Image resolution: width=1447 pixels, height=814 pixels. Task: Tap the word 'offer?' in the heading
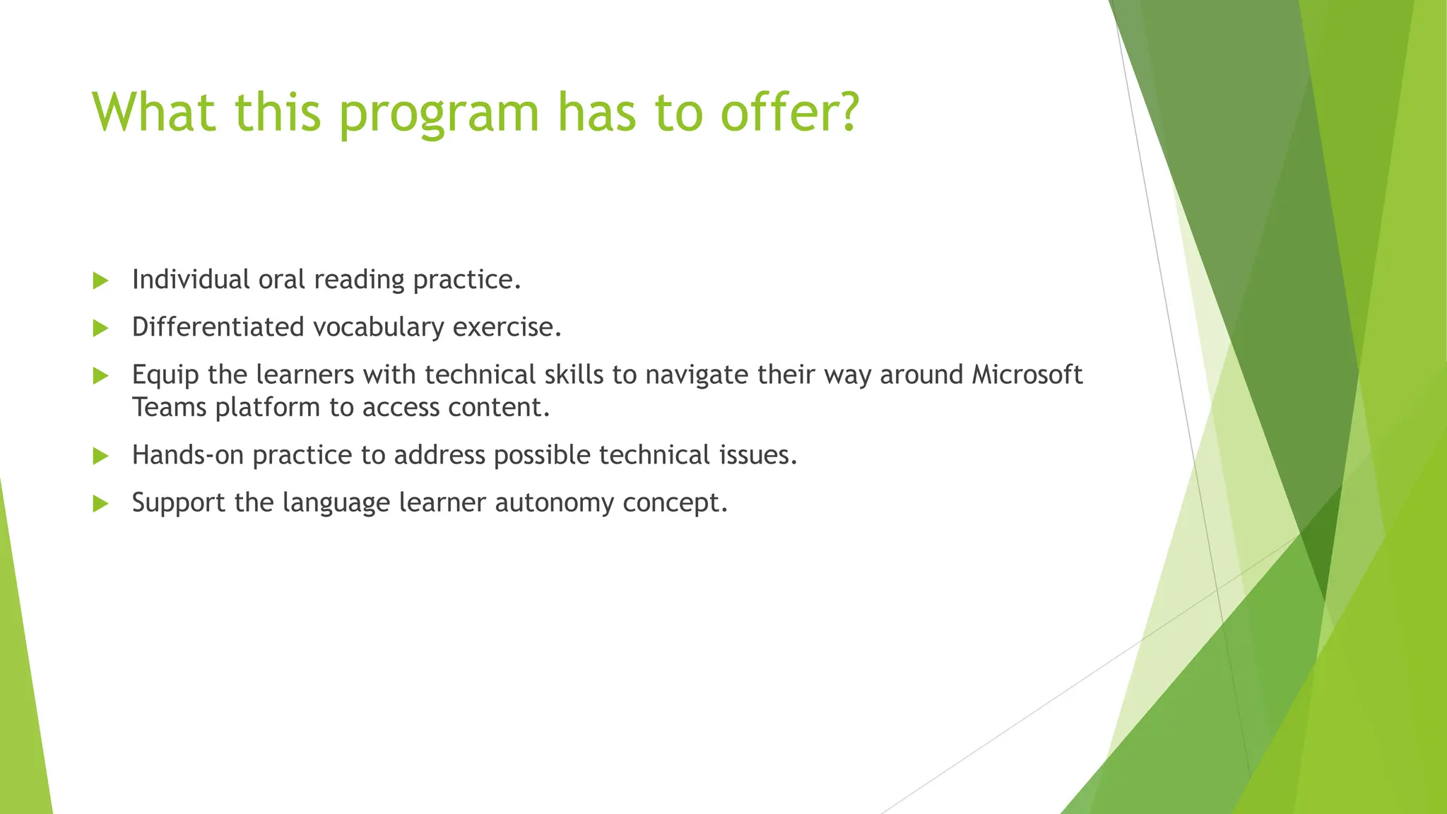(789, 111)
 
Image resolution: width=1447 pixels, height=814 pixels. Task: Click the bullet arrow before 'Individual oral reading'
(100, 281)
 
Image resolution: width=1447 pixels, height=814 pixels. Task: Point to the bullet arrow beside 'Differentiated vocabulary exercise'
(100, 328)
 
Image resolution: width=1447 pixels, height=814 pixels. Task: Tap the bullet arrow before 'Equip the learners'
(100, 375)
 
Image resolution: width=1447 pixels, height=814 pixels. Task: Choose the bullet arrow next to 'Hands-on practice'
(100, 456)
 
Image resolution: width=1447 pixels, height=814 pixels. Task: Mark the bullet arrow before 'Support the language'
(100, 503)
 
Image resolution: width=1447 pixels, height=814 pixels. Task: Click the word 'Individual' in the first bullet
(191, 280)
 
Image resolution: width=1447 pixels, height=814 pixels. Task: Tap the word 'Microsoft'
(1027, 374)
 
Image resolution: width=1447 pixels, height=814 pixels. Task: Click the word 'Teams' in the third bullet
(169, 407)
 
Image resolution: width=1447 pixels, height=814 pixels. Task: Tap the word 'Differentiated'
(218, 327)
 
